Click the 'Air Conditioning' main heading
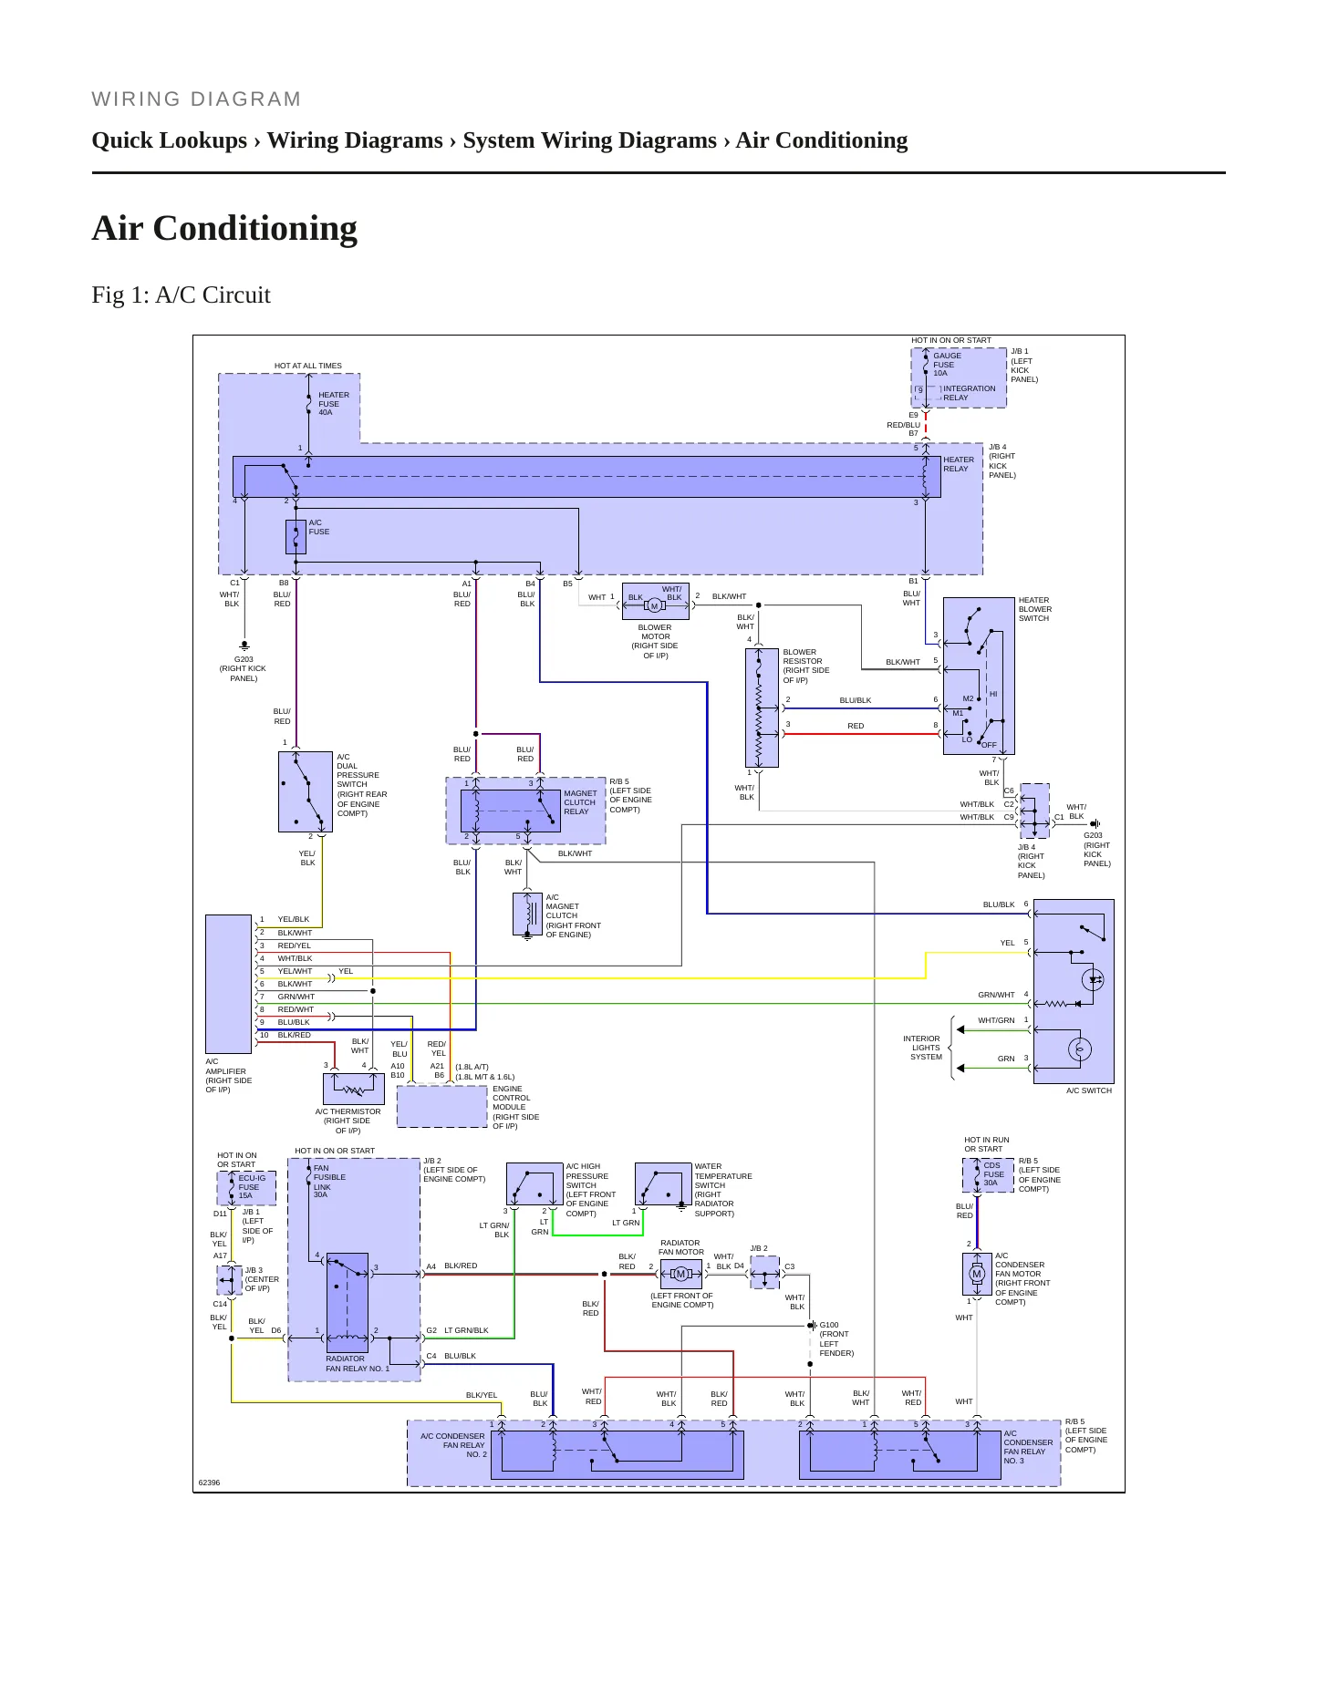tap(224, 228)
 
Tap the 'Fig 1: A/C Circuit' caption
tap(181, 295)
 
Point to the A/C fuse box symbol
tap(296, 537)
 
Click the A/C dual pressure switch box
tap(306, 791)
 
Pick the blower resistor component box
tap(762, 708)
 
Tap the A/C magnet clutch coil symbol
tap(527, 914)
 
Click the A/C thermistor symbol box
tap(354, 1089)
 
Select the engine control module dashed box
tap(442, 1106)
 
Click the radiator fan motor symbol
tap(680, 1274)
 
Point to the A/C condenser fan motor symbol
tap(977, 1275)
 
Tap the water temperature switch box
tap(663, 1183)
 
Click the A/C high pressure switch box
tap(534, 1183)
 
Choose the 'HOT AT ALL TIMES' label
tap(308, 366)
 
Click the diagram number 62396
tap(209, 1483)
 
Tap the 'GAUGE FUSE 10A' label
tap(947, 365)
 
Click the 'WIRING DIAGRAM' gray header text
tap(196, 99)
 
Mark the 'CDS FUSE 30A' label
tap(993, 1173)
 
